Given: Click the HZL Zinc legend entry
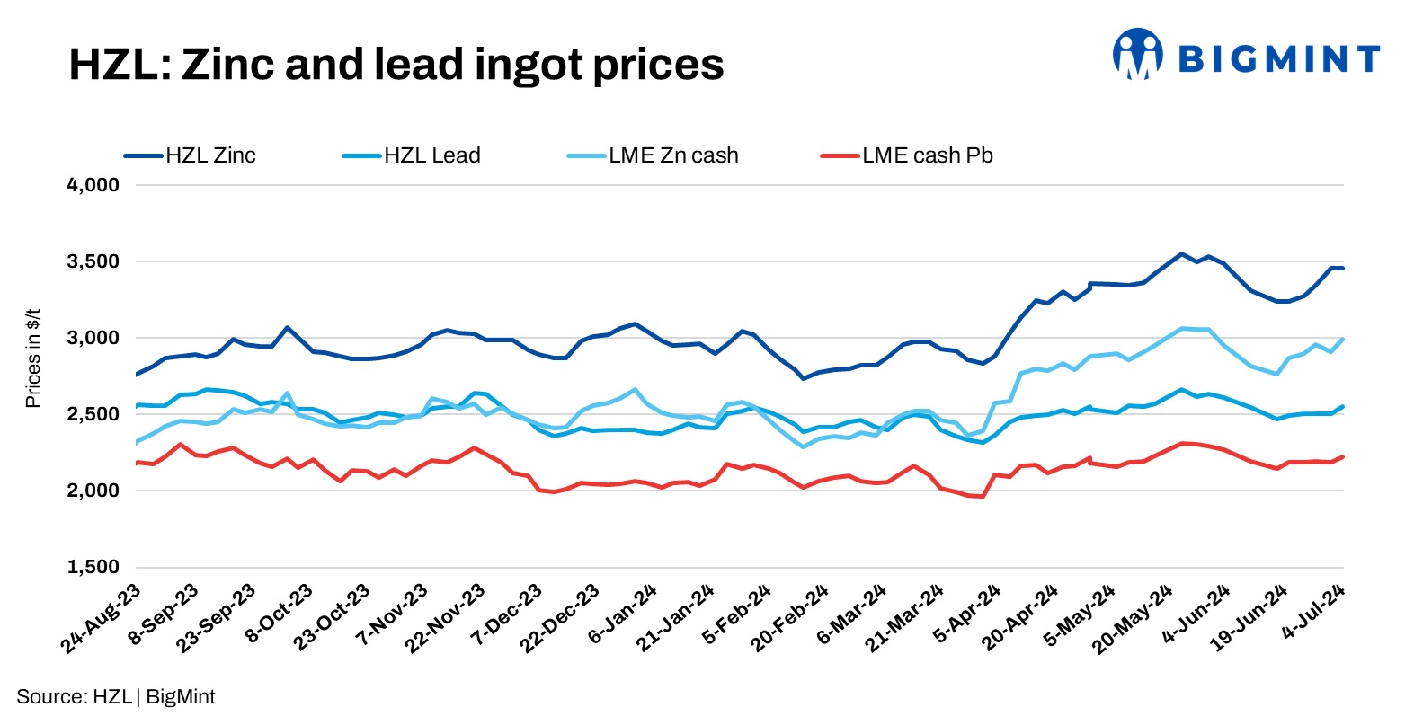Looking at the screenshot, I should point(210,155).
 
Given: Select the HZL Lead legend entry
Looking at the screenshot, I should point(431,155).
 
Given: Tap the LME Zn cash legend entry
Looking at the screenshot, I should point(672,155).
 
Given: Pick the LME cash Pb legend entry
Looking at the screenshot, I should point(927,155).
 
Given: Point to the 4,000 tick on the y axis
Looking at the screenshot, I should point(93,185).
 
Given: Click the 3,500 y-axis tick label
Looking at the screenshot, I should point(93,261).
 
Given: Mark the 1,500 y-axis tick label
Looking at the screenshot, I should point(93,567).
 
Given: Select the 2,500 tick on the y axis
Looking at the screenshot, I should point(93,414).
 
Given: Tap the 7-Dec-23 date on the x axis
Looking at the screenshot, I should point(508,614).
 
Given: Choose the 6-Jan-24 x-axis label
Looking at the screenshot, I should point(623,614).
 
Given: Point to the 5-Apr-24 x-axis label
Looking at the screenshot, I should point(967,614).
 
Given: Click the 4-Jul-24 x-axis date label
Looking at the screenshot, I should point(1313,612).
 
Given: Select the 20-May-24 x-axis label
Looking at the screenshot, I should point(1134,618).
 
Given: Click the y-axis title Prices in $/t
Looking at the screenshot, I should point(33,357).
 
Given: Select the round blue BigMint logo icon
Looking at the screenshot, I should point(1137,54).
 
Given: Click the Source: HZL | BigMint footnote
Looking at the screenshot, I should point(116,696).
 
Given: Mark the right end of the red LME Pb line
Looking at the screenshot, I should point(1343,456).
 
